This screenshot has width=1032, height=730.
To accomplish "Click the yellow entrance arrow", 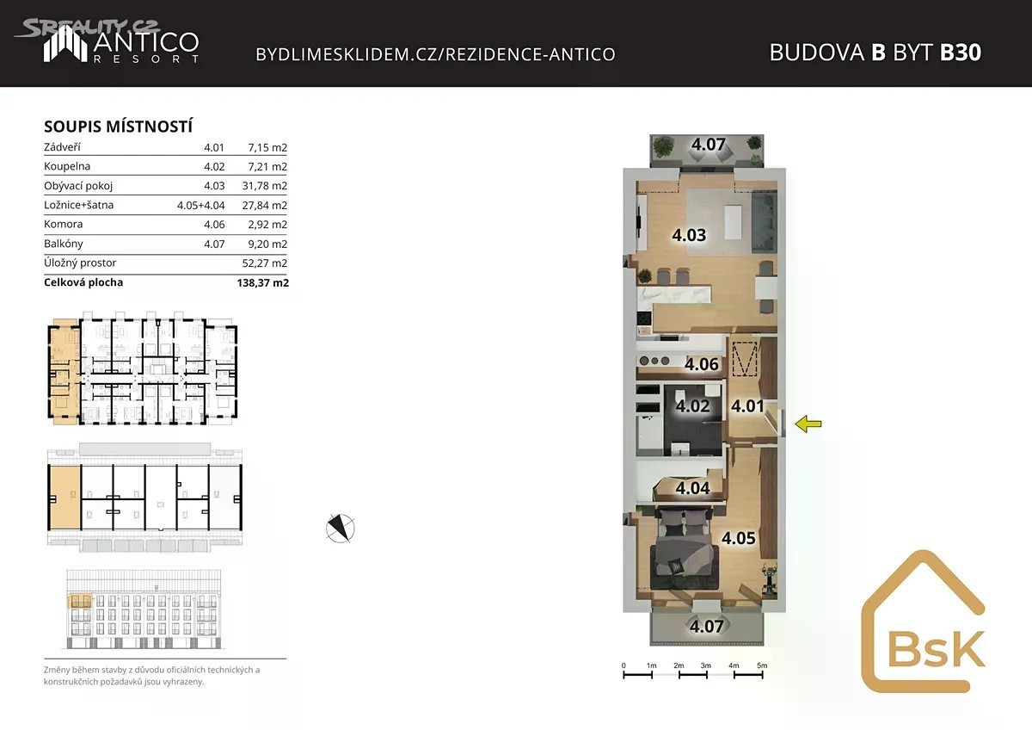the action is tap(808, 424).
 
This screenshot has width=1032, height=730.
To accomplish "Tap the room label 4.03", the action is tap(689, 235).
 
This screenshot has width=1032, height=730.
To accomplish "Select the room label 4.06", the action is tap(701, 364).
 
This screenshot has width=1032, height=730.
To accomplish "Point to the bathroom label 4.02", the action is tap(692, 405).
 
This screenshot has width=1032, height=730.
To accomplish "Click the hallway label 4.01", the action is tap(747, 405).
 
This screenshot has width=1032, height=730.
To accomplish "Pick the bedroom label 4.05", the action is tap(739, 538).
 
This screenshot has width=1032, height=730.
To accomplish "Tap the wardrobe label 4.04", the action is tap(692, 488).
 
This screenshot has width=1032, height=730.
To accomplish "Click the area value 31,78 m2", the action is tap(265, 186).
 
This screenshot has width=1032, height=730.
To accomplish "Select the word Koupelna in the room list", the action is tap(67, 166).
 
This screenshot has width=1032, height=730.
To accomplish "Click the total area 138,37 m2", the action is tap(263, 282).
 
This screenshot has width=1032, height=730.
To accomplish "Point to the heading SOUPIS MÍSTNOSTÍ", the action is tap(119, 127).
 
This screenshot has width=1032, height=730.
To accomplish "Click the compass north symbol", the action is tap(340, 528).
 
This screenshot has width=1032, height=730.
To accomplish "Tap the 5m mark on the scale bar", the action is tap(762, 665).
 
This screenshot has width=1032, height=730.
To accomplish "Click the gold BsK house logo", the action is tap(924, 622).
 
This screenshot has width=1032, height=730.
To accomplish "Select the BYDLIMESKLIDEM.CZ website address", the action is tap(435, 54).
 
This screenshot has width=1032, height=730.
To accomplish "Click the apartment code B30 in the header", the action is tap(961, 53).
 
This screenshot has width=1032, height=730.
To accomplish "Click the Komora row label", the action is tap(64, 224).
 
